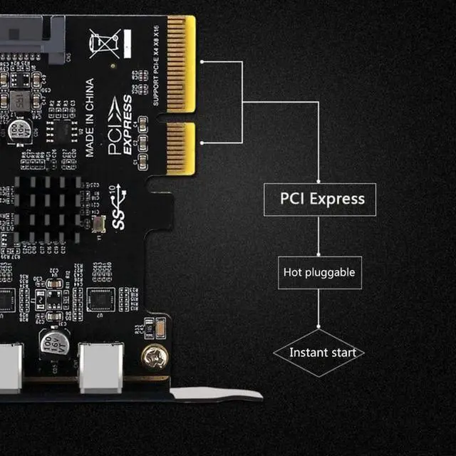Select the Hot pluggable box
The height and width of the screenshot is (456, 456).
coord(318,272)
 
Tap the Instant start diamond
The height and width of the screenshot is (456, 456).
coord(318,352)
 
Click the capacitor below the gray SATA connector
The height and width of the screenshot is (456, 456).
coord(20,128)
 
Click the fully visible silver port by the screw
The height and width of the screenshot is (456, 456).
coord(100,367)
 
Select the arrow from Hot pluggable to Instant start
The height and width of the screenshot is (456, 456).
coord(318,309)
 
